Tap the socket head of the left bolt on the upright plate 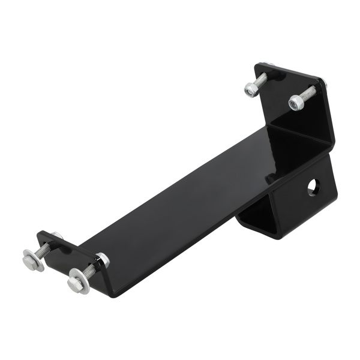251,91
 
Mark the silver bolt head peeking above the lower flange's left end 58,235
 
